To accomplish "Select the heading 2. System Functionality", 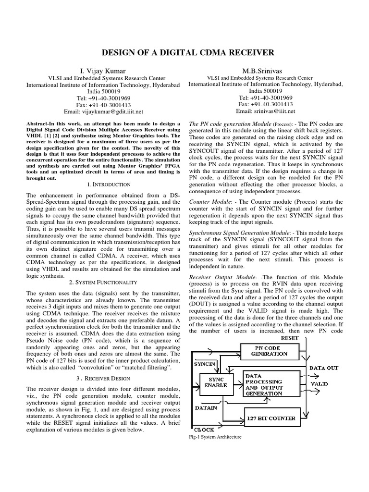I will [103, 282].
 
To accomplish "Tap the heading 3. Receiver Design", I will [103, 379].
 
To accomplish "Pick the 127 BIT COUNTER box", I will [271, 418].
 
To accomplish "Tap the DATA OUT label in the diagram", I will [323, 368].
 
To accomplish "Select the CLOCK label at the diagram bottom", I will [205, 429].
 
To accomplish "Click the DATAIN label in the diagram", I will [206, 407].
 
